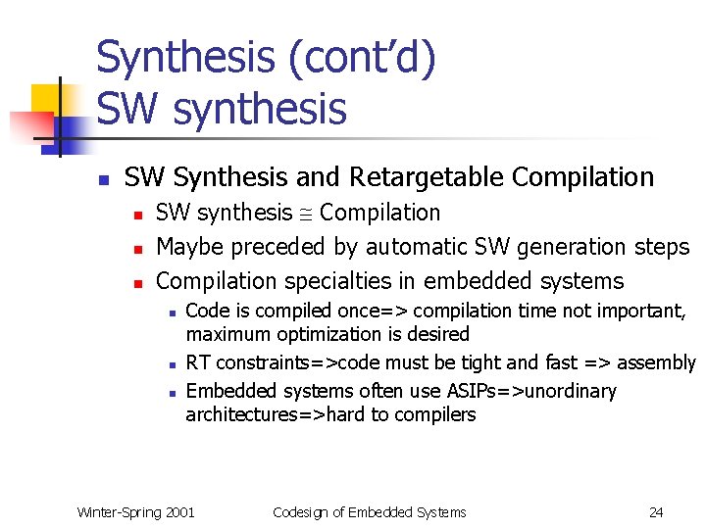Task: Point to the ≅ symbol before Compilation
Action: [x=306, y=214]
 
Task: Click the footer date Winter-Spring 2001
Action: [x=135, y=511]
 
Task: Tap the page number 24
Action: [x=656, y=511]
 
